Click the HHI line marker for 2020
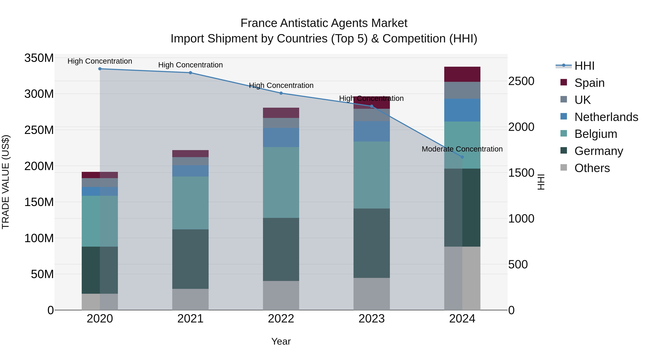coord(100,69)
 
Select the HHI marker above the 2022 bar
coord(281,93)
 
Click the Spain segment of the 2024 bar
coord(462,74)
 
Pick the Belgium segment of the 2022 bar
coord(281,182)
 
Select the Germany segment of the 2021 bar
coord(190,259)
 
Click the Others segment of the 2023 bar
coord(372,294)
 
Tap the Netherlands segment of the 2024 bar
coord(462,110)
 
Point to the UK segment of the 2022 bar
coord(281,123)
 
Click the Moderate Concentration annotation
coord(462,149)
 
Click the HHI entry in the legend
coord(584,66)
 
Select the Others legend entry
coord(592,168)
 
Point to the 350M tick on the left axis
coord(39,58)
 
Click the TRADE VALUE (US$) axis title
coord(6,182)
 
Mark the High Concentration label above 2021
coord(190,65)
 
